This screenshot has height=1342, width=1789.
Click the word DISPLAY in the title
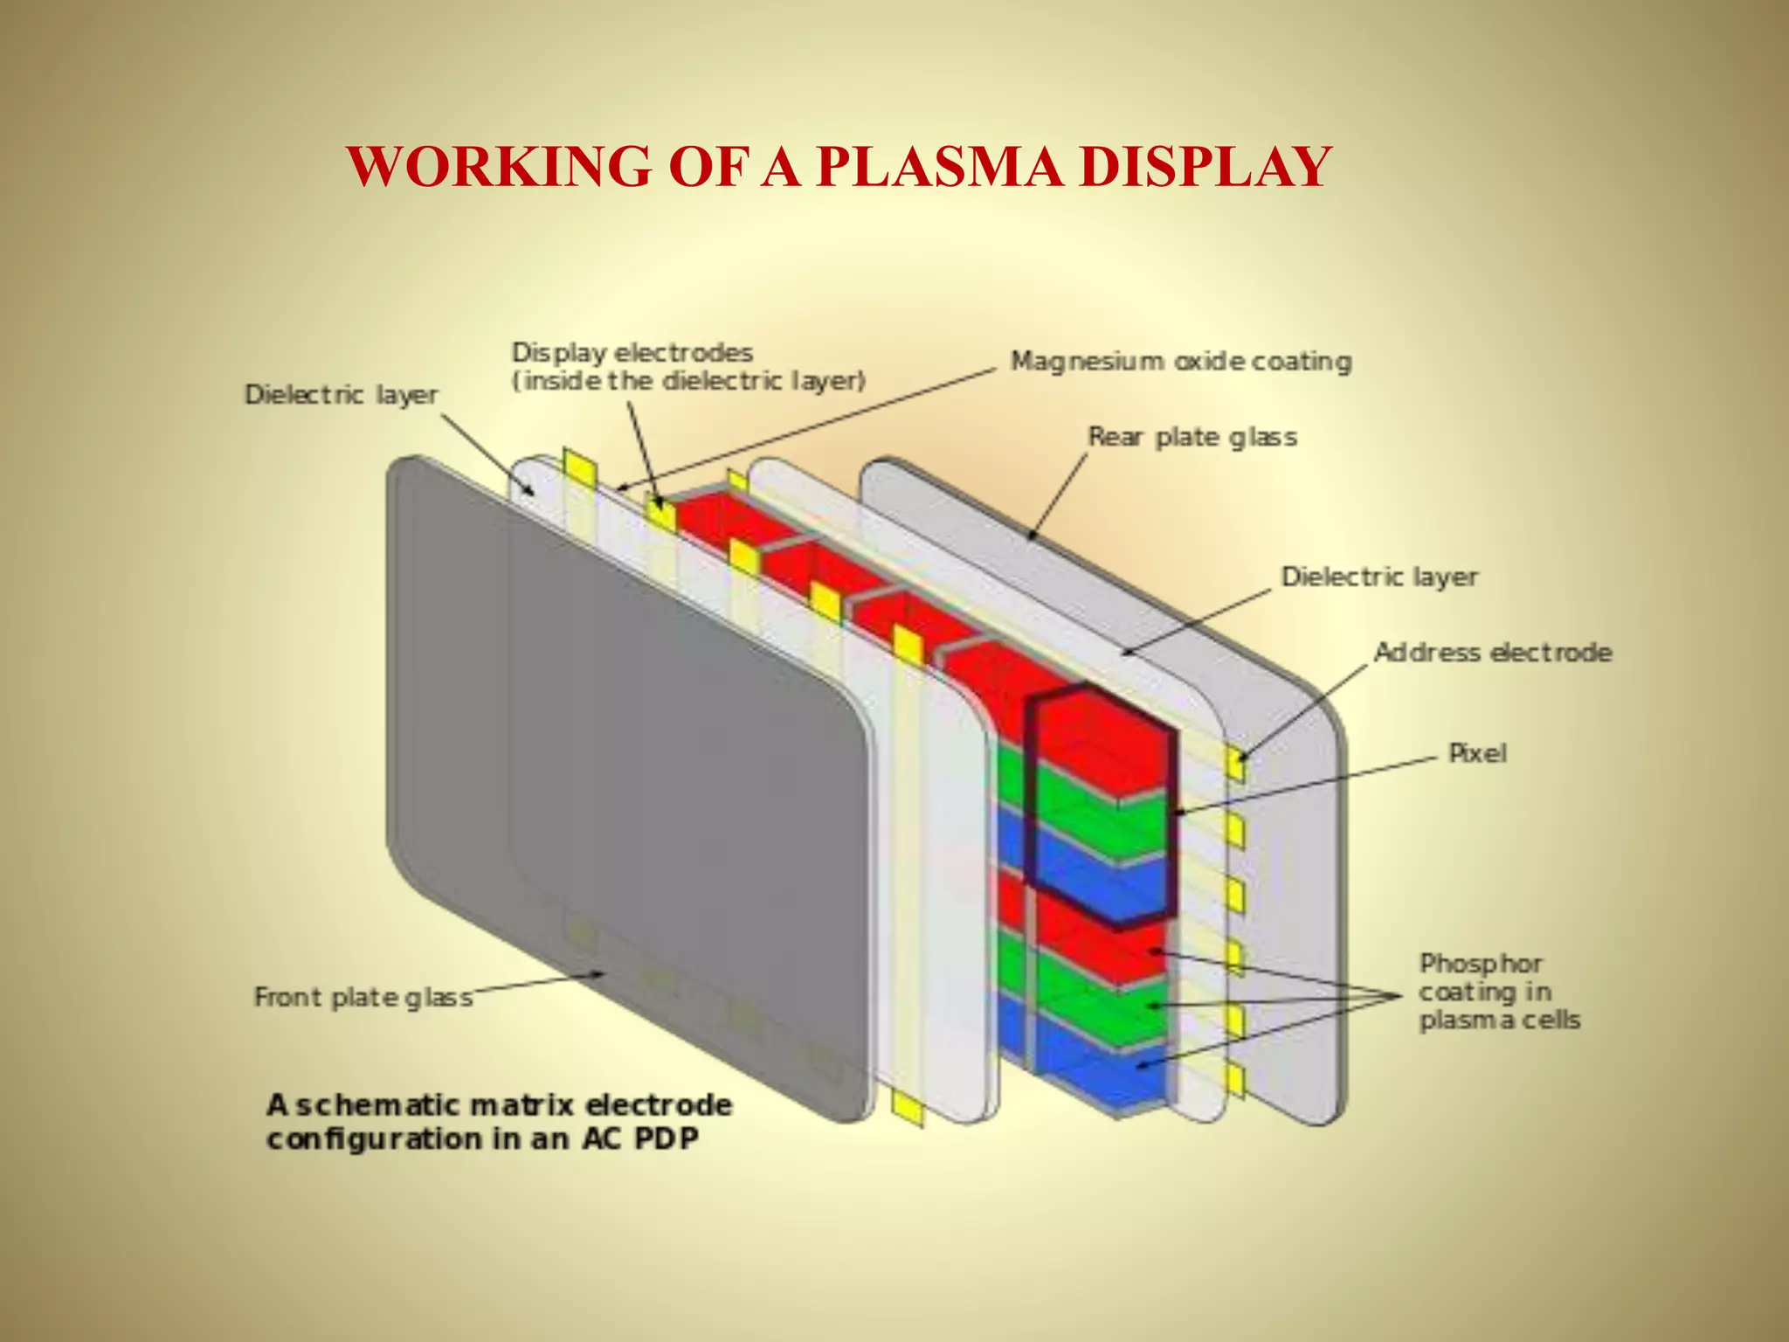pos(1205,166)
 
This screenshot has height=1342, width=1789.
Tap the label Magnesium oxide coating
pos(1181,361)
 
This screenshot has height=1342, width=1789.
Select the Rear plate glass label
pos(1192,437)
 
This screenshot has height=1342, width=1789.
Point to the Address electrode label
pos(1492,653)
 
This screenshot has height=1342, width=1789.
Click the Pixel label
pos(1477,753)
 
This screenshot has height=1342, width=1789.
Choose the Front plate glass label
pos(363,997)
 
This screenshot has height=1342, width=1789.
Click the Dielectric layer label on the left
pos(341,395)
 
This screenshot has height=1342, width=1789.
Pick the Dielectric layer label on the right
pos(1378,577)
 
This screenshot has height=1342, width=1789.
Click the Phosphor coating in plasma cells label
pos(1497,992)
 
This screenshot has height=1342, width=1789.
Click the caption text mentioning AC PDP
pos(498,1122)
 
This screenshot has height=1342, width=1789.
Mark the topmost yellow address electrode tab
pos(1235,764)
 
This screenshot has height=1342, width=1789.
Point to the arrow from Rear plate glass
pos(1057,498)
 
